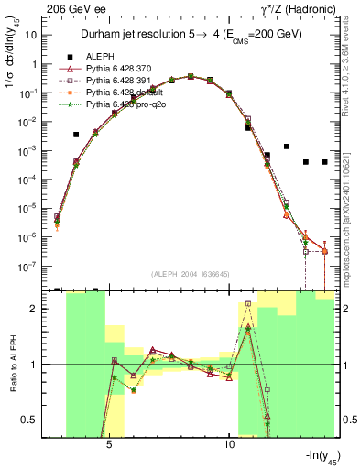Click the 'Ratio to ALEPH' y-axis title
[12, 366]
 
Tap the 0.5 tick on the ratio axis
[35, 420]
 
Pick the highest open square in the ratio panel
[248, 304]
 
